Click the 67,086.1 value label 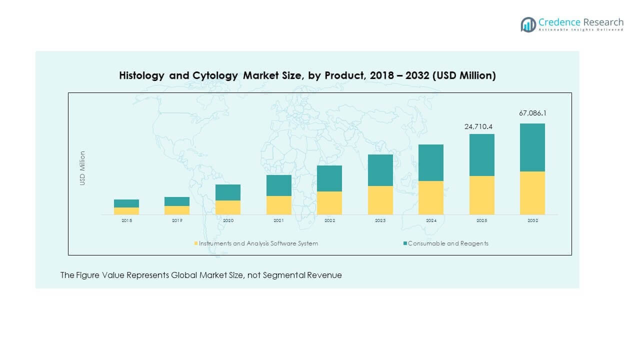[x=532, y=113]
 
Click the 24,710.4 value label [x=481, y=127]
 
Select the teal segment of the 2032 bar [x=532, y=147]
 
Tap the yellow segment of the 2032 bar [x=532, y=193]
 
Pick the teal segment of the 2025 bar [x=482, y=155]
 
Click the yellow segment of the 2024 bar [x=431, y=197]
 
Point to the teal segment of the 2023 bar [x=380, y=170]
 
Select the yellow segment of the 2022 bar [x=329, y=203]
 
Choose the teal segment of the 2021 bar [x=279, y=185]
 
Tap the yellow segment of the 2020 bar [x=228, y=207]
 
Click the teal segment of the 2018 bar [x=126, y=203]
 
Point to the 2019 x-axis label [x=177, y=220]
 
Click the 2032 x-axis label [x=532, y=220]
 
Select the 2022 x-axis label [x=329, y=220]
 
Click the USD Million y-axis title [x=82, y=168]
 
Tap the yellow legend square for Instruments [x=196, y=243]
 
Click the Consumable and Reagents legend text [x=448, y=243]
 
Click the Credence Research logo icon [x=528, y=24]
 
